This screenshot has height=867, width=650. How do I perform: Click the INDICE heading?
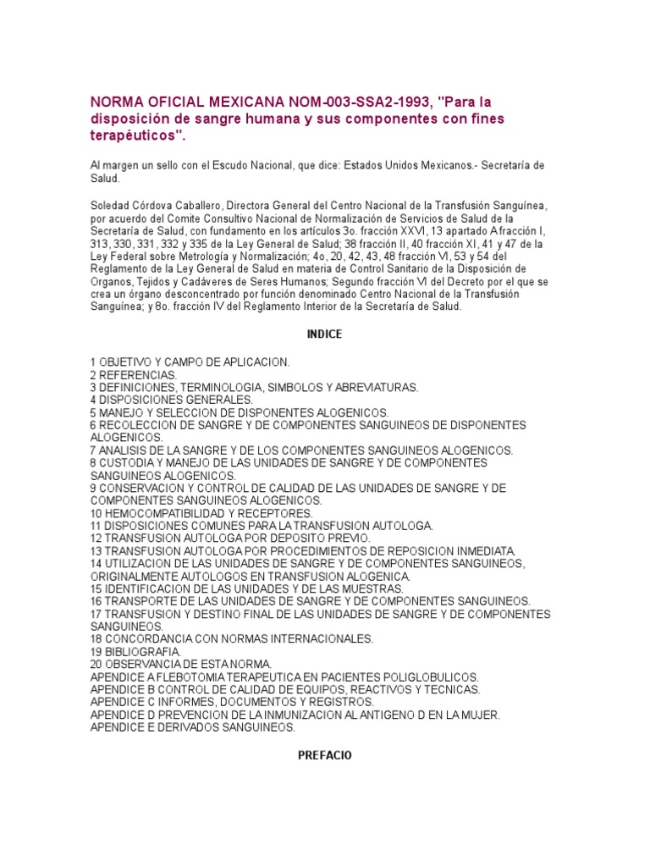click(323, 334)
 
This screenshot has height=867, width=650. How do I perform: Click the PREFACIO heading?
click(325, 754)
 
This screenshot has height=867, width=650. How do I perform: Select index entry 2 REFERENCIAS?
click(134, 374)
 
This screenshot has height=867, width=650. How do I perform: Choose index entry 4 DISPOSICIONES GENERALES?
click(172, 399)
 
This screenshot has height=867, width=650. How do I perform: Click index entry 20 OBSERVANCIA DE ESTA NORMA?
click(181, 665)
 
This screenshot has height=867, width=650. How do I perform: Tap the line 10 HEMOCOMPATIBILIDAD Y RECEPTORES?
click(201, 513)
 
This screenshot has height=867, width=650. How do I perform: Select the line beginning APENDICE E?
click(204, 727)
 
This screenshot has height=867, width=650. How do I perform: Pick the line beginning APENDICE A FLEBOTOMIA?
click(284, 677)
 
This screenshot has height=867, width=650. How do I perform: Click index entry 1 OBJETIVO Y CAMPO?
click(190, 362)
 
